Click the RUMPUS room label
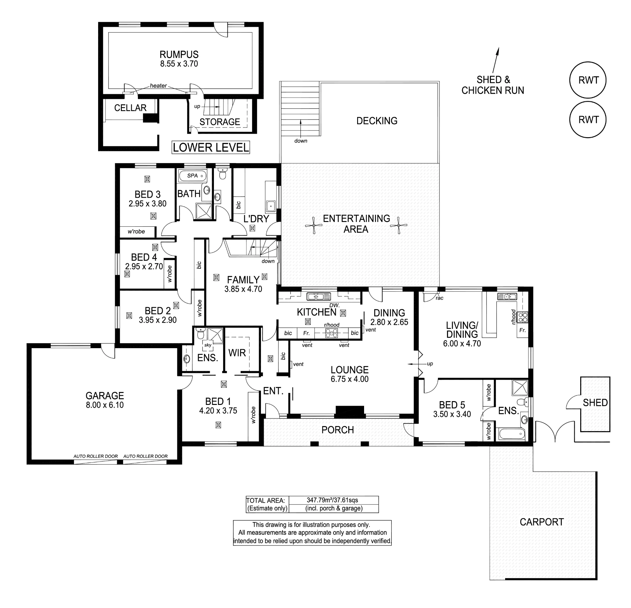(x=179, y=54)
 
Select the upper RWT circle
(x=588, y=80)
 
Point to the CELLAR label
(x=130, y=108)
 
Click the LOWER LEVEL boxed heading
(x=211, y=148)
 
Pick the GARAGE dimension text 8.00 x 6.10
(x=105, y=405)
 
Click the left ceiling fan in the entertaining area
(x=314, y=225)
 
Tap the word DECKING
(x=377, y=121)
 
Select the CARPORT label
(x=542, y=522)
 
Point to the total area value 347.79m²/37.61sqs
(x=332, y=500)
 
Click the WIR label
(x=237, y=353)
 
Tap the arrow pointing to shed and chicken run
(x=495, y=60)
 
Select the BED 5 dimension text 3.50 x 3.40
(x=452, y=414)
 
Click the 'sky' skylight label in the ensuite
(x=208, y=345)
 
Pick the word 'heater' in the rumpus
(x=158, y=85)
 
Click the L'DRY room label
(x=256, y=219)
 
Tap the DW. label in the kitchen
(x=334, y=305)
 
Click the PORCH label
(x=337, y=430)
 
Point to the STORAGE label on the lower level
(x=220, y=122)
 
